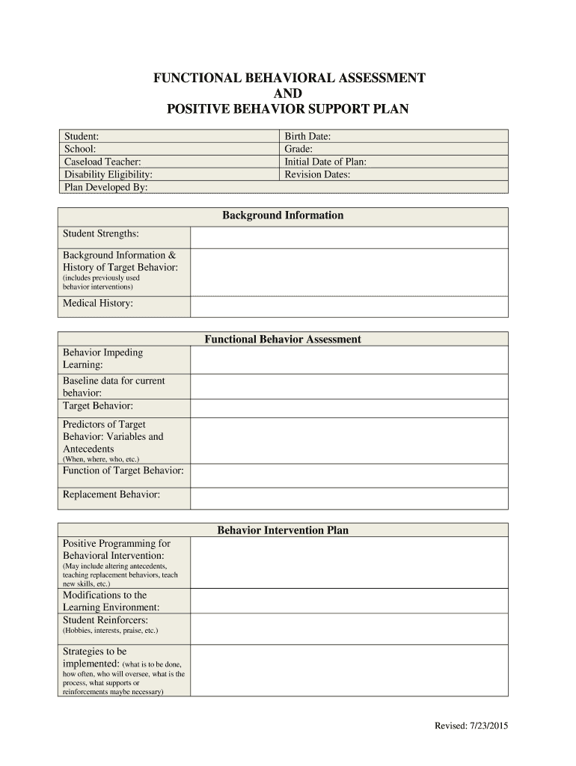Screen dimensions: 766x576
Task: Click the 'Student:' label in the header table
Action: tap(82, 136)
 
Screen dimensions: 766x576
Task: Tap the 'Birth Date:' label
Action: tap(307, 136)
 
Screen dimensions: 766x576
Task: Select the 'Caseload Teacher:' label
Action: tap(102, 162)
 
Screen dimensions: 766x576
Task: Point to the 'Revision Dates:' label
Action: tap(317, 174)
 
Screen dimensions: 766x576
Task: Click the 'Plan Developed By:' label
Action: tap(105, 187)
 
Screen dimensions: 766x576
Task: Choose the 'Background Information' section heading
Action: tap(283, 215)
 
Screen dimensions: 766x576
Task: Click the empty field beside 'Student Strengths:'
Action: tap(349, 237)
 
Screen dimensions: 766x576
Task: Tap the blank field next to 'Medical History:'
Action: tap(349, 307)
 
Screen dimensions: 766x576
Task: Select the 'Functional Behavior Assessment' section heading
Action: tap(283, 340)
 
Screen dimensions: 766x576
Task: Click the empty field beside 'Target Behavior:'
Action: tap(349, 408)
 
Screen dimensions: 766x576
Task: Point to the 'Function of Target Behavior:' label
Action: tap(123, 471)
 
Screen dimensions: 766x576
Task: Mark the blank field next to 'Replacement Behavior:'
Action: tap(349, 498)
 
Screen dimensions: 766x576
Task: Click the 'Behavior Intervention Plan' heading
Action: tap(283, 530)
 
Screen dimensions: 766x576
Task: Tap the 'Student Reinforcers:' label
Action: tap(105, 620)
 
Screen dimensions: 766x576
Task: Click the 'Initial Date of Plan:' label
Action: tap(325, 162)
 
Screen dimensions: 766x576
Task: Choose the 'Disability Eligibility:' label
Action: tap(108, 174)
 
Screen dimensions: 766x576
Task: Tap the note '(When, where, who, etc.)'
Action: tap(101, 459)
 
